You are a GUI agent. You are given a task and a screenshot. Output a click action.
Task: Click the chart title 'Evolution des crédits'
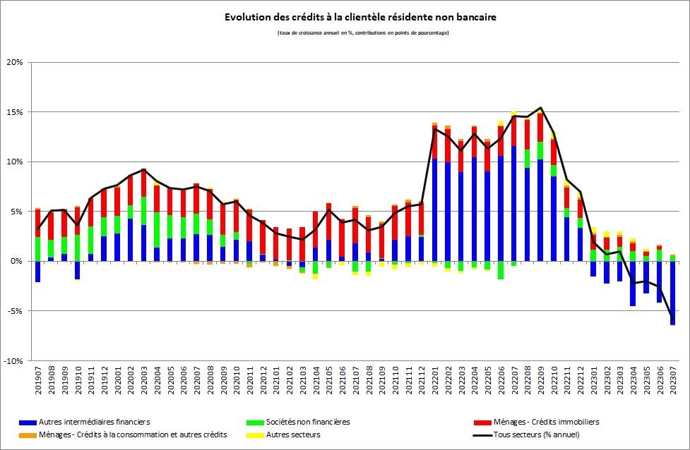365,16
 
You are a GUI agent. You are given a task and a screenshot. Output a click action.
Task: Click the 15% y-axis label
14,112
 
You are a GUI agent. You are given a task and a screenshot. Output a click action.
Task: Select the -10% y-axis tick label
13,360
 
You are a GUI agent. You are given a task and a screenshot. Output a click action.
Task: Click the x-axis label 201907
37,382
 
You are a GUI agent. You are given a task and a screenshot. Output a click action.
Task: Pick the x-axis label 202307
672,382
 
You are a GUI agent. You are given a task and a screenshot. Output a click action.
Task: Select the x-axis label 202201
434,382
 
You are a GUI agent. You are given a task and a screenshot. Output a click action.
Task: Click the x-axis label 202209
540,382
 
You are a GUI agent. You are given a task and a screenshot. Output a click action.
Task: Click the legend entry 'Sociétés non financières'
308,422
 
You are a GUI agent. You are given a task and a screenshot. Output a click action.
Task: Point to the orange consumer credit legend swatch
28,434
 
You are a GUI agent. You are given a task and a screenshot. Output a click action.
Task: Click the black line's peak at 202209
540,108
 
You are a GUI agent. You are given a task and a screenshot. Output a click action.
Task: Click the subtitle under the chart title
365,33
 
